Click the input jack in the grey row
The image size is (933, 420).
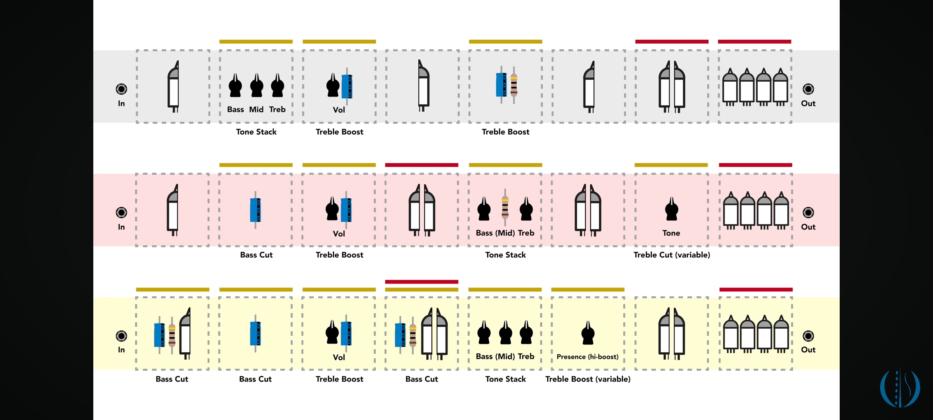(121, 89)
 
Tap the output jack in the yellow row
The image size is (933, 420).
(808, 336)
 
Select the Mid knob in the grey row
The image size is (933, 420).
(257, 86)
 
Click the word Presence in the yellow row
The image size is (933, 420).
(571, 357)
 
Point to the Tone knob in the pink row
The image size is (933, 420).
(671, 210)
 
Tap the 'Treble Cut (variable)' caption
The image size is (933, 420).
(671, 255)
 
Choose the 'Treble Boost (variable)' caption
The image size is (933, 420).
(588, 379)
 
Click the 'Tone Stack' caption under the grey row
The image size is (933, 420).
(256, 132)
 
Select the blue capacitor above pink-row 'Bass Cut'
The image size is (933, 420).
(255, 210)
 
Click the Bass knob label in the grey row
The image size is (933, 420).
(236, 110)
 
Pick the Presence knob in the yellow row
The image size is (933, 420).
(588, 334)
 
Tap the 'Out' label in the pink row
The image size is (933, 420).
(808, 227)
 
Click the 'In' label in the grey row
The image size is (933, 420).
(121, 103)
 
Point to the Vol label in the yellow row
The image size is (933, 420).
(339, 357)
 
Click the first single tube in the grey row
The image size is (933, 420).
(173, 87)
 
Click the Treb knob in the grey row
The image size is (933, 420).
(277, 86)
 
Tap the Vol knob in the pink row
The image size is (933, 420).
(332, 210)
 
